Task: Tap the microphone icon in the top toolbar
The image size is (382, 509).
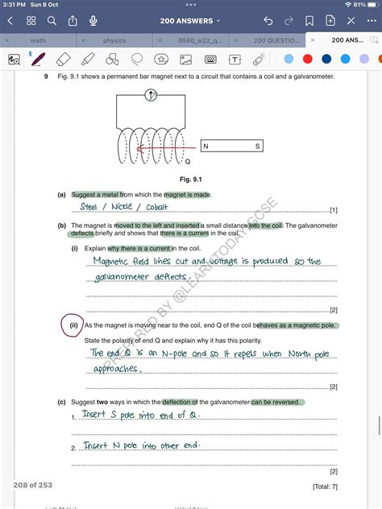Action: click(93, 20)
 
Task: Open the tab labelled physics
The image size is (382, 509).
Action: click(114, 39)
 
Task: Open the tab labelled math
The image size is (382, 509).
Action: click(38, 39)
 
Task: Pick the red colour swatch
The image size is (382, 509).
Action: click(307, 59)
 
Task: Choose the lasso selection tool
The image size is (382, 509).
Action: click(137, 59)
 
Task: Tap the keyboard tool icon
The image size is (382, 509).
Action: click(210, 59)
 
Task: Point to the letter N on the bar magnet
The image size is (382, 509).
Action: click(206, 147)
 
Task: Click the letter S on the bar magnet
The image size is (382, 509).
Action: click(258, 147)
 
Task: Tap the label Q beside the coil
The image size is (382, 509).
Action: click(187, 160)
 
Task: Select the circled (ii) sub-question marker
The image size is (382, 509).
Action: click(73, 325)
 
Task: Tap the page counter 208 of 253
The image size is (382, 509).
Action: click(33, 485)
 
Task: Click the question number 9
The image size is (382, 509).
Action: click(47, 76)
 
